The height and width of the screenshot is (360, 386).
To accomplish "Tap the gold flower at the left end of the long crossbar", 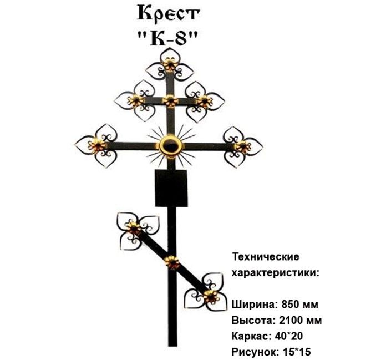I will pyautogui.click(x=98, y=146).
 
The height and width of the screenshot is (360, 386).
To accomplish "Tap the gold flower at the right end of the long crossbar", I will pyautogui.click(x=242, y=146).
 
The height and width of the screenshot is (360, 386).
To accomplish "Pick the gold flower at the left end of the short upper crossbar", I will pyautogui.click(x=135, y=100).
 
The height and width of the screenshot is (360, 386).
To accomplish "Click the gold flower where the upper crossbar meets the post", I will pyautogui.click(x=170, y=101).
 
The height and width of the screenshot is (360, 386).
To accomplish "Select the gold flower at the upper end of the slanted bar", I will pyautogui.click(x=134, y=227).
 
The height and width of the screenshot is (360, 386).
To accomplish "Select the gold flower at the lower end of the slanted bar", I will pyautogui.click(x=210, y=295).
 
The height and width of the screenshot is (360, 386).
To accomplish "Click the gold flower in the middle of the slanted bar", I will pyautogui.click(x=173, y=262).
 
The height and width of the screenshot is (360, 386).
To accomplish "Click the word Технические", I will pyautogui.click(x=266, y=257).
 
